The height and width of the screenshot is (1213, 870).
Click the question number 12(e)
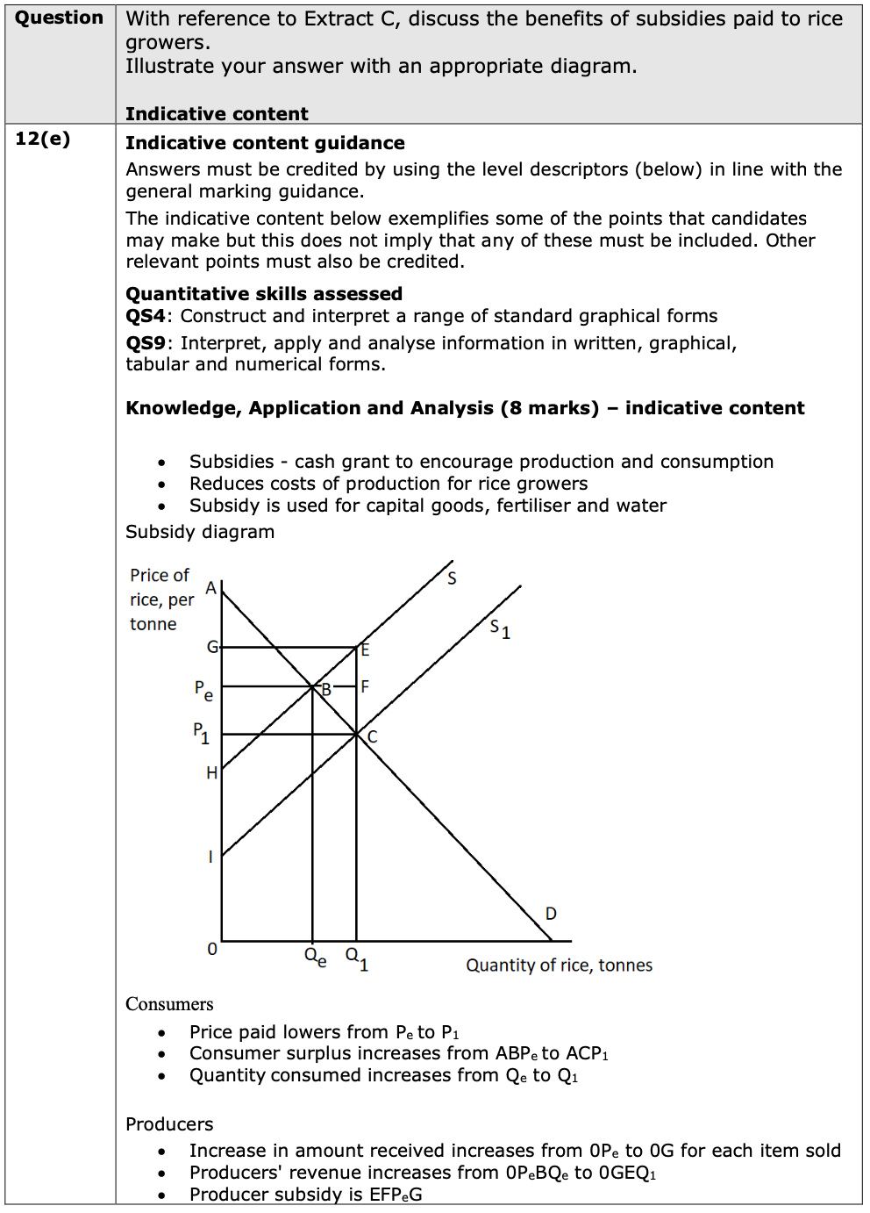[42, 139]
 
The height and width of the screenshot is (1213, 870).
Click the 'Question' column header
[59, 18]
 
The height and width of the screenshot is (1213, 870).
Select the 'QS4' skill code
[145, 316]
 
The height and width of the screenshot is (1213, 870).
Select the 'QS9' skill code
[145, 343]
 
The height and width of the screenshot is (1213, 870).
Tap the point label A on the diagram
[210, 588]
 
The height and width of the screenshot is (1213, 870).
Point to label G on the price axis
[211, 647]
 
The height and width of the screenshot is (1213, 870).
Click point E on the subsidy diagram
[365, 650]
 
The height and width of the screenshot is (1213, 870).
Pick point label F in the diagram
[365, 686]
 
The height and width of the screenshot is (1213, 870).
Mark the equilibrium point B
[325, 689]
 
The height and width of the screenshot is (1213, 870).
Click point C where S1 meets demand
[372, 736]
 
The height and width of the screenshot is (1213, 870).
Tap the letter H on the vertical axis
[211, 772]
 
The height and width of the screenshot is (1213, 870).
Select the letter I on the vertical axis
[210, 857]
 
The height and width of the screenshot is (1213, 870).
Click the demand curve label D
[551, 914]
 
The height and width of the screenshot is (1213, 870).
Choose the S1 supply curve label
[500, 628]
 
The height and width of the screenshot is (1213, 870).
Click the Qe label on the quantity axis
[315, 957]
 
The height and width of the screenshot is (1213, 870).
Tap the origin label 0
[211, 949]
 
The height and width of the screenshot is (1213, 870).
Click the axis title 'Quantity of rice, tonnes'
[559, 965]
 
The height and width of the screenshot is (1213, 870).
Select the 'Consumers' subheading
[169, 1004]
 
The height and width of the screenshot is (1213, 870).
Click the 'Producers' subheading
[169, 1124]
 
